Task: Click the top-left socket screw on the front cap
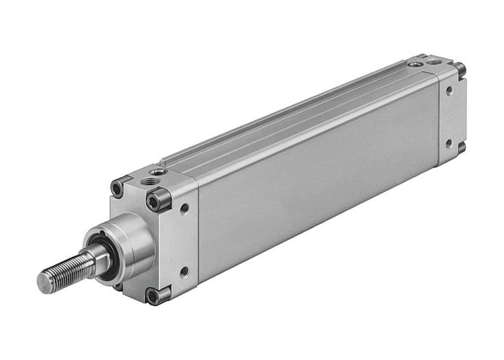point(117,189)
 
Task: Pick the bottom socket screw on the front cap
point(153,295)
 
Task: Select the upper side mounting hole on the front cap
point(184,209)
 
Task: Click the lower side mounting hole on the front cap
point(184,272)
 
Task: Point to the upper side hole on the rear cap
point(449,91)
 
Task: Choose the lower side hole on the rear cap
point(449,143)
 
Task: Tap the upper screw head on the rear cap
point(461,70)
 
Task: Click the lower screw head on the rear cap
point(461,148)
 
